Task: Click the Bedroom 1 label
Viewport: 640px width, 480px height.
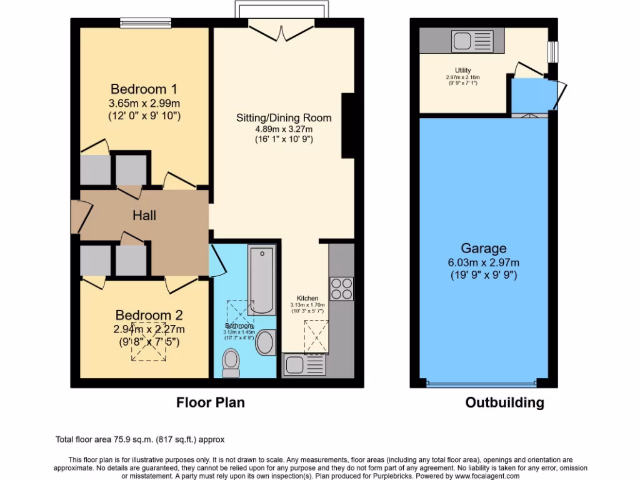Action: (x=139, y=89)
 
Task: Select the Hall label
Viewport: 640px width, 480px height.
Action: (x=144, y=216)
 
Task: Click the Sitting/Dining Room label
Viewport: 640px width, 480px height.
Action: (x=284, y=117)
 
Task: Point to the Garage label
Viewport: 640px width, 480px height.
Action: (x=484, y=248)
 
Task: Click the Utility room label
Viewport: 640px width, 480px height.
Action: (x=463, y=70)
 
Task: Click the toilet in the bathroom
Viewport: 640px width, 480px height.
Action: (x=231, y=362)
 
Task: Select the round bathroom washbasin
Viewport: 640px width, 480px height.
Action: (x=266, y=342)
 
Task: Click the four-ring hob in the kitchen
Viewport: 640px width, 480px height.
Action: (x=341, y=289)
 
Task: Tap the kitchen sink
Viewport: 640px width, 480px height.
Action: (x=303, y=364)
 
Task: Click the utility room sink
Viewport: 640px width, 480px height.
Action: (x=472, y=41)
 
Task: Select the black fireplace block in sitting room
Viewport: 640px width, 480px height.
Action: (x=348, y=125)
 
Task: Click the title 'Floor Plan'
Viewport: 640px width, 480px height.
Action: (x=210, y=402)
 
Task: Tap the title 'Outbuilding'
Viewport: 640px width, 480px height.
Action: (x=504, y=402)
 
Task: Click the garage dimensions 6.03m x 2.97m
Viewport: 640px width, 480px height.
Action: (x=484, y=262)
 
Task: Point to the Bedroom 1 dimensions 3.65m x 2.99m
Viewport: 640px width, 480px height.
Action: (x=139, y=103)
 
